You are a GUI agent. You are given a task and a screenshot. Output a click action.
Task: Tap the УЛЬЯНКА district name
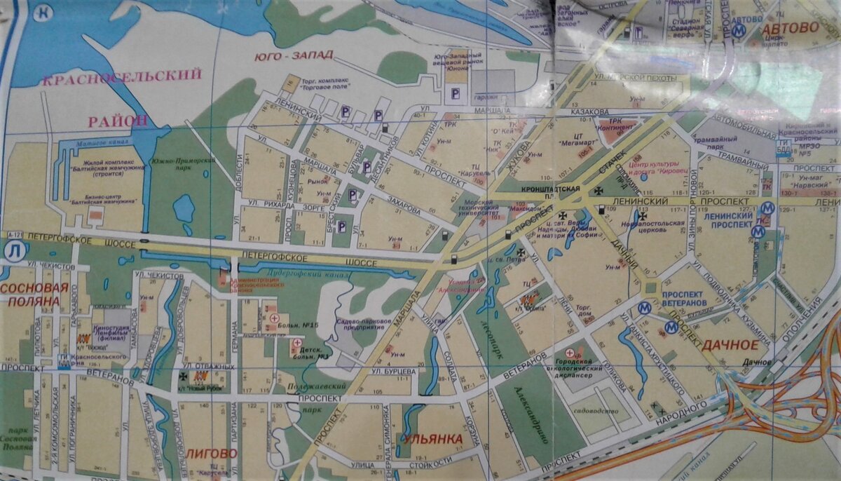coord(432,440)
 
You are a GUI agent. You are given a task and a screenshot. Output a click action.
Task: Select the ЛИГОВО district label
coord(212,453)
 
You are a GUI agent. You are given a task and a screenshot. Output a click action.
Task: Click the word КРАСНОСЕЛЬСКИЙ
coord(121,76)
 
